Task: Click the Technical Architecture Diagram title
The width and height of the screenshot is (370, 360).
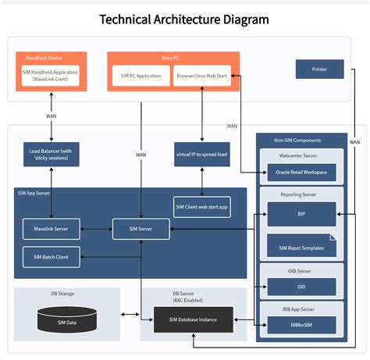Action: point(185,18)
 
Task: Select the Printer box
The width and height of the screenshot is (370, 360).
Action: point(319,70)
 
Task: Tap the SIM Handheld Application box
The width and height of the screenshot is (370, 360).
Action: point(51,76)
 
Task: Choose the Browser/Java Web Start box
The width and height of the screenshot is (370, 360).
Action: point(202,77)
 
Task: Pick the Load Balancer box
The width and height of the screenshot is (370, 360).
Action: point(51,153)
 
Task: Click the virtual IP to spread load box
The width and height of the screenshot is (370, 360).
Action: point(201,154)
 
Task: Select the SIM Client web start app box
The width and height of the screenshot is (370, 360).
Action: point(201,207)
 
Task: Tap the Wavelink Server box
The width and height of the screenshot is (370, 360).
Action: point(51,229)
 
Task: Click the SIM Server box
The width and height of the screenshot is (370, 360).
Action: point(141,229)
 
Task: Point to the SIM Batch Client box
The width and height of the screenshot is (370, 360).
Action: point(51,256)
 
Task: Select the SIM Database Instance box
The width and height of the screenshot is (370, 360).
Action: point(191,318)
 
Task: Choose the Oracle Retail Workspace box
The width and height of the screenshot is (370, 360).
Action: point(301,172)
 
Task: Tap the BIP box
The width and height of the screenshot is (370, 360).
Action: point(301,212)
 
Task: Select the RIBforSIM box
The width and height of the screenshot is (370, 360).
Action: point(301,325)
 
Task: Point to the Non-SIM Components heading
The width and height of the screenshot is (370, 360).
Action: point(301,140)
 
